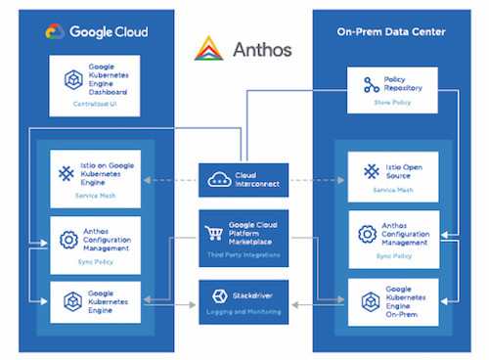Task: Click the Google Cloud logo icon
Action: [55, 31]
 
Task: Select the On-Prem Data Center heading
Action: [390, 31]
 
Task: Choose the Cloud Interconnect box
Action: [244, 180]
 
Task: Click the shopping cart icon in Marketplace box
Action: [214, 233]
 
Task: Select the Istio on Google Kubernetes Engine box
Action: [94, 179]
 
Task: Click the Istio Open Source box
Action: [392, 179]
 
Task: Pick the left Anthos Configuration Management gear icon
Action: [68, 239]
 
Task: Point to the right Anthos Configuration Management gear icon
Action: [367, 235]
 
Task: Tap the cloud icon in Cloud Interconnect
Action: [218, 177]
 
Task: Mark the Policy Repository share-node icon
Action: [371, 85]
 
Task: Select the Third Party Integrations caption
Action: [244, 254]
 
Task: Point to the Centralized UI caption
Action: [94, 103]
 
